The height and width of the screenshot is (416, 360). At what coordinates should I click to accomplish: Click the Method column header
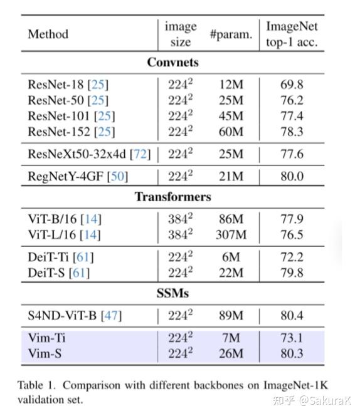[x=48, y=34]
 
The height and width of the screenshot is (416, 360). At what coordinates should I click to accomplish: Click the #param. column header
[x=231, y=34]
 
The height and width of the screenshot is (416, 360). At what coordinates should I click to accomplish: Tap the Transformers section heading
[x=172, y=197]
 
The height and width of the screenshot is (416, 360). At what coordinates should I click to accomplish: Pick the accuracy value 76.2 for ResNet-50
[x=292, y=100]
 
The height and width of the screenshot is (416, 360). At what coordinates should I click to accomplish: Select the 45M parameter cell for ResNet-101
[x=231, y=116]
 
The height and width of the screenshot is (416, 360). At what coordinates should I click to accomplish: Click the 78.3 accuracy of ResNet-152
[x=292, y=132]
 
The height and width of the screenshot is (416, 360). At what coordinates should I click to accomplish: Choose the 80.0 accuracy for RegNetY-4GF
[x=292, y=177]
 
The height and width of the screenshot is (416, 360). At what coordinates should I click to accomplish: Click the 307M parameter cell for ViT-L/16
[x=231, y=235]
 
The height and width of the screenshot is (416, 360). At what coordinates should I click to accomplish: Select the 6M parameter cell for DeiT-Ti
[x=231, y=257]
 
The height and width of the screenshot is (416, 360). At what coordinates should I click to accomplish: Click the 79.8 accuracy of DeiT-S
[x=292, y=273]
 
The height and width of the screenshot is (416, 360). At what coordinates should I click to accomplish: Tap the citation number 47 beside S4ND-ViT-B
[x=110, y=315]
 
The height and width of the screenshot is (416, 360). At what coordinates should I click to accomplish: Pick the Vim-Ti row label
[x=46, y=338]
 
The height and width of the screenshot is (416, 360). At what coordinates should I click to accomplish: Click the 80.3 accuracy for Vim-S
[x=292, y=353]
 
